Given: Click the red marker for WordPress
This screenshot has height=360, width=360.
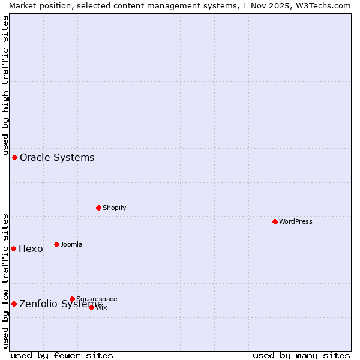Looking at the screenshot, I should click(275, 221).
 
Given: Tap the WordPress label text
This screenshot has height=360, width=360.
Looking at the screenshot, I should click(296, 221).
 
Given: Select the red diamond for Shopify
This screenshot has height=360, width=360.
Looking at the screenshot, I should click(98, 208).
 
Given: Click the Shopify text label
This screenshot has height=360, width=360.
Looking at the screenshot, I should click(114, 208).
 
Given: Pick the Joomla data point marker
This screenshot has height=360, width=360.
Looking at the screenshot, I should click(56, 244).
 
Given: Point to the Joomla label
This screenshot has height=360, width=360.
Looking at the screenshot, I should click(71, 244).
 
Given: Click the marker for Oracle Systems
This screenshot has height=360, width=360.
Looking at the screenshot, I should click(15, 157).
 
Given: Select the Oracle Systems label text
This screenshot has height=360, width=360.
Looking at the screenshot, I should click(57, 157).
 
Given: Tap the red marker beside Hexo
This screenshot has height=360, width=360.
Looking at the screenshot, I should click(13, 248).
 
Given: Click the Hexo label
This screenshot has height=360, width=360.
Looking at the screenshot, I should click(31, 249).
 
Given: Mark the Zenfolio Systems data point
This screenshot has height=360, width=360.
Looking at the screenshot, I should click(14, 304).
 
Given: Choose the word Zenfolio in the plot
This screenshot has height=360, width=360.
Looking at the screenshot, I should click(38, 304).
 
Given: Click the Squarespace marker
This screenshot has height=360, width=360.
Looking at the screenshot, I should click(72, 299).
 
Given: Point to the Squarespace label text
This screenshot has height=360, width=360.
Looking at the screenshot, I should click(97, 299).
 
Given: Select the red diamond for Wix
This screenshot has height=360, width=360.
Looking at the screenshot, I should click(91, 307).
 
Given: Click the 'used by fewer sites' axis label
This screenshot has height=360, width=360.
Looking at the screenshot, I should click(62, 355).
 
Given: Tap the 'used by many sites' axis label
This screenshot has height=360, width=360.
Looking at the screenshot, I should click(301, 355).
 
